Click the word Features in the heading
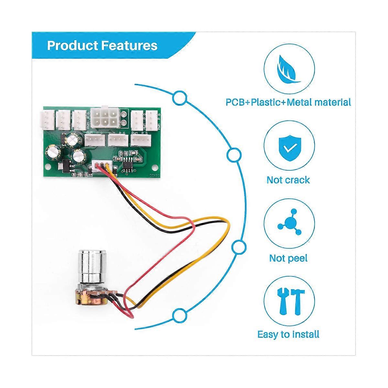[129, 46]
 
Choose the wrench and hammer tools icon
[289, 302]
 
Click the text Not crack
[288, 180]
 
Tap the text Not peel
[288, 258]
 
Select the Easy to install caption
[288, 334]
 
